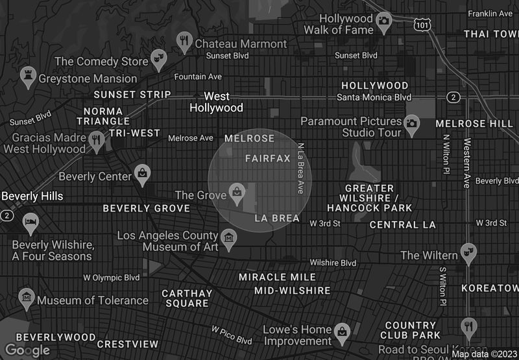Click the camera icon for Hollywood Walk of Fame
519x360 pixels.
(384, 21)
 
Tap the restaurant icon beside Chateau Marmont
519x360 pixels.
(184, 42)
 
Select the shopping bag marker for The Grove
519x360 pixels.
(237, 191)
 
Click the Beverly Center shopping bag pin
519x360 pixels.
(141, 173)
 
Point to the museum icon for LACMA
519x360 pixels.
(228, 237)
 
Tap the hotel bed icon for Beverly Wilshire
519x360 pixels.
(30, 223)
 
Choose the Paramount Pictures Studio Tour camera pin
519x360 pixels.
(411, 123)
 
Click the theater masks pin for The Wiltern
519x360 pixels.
(466, 252)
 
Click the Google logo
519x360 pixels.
(27, 350)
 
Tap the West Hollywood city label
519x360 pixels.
(216, 102)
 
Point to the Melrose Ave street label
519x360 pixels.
(191, 138)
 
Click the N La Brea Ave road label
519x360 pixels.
(300, 168)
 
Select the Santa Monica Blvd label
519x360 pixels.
(374, 97)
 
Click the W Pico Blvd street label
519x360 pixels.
(232, 335)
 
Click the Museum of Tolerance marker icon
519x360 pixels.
(27, 298)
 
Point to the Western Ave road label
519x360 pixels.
(466, 162)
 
